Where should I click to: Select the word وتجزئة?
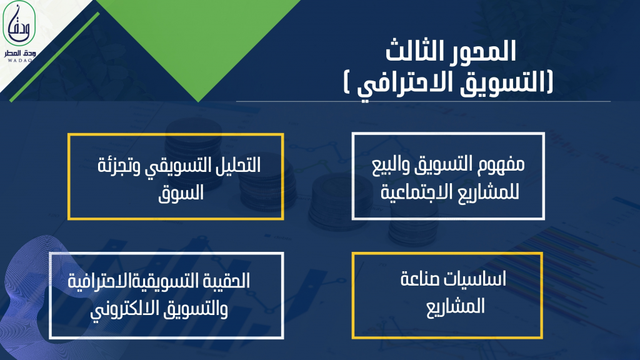[x=118, y=166]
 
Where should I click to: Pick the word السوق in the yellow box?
[x=181, y=192]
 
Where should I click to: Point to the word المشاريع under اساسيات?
[x=456, y=306]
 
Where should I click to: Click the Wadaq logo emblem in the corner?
[x=19, y=23]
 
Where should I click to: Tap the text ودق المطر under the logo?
[x=20, y=53]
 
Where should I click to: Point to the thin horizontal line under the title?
[x=423, y=101]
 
